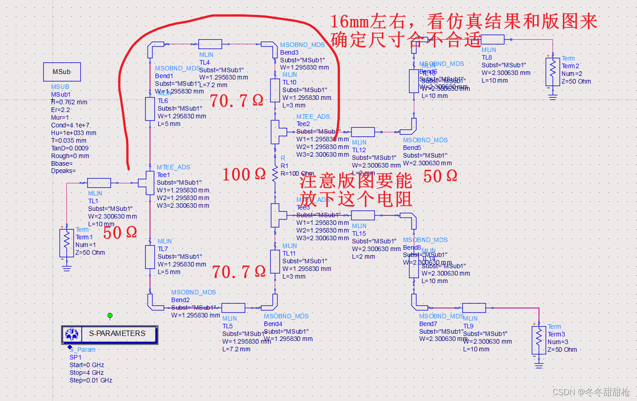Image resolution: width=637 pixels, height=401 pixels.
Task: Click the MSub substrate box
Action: pos(62,72)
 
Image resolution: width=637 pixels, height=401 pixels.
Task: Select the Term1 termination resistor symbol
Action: pos(66,243)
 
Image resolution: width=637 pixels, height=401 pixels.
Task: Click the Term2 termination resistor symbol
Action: pos(553,72)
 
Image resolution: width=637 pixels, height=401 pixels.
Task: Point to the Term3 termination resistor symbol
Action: pos(539,340)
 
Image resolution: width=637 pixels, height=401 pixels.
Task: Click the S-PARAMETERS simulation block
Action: pos(110,334)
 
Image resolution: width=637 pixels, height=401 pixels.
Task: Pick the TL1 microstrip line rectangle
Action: pos(99,183)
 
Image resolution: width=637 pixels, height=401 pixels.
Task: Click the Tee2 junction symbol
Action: pos(277,131)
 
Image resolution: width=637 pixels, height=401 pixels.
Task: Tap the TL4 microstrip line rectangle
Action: pos(210,44)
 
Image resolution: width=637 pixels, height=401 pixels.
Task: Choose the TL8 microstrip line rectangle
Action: pos(492,39)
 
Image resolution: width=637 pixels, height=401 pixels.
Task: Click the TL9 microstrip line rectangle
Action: pos(474,308)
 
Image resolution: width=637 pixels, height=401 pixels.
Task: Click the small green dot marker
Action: pos(110,315)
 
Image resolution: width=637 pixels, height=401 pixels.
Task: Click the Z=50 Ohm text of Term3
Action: pos(562,350)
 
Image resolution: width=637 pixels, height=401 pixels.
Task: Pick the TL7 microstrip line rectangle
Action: pos(150,256)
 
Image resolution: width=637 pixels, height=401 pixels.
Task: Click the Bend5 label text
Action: pos(412,148)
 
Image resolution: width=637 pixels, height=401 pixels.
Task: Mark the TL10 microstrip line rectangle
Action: pos(275,90)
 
